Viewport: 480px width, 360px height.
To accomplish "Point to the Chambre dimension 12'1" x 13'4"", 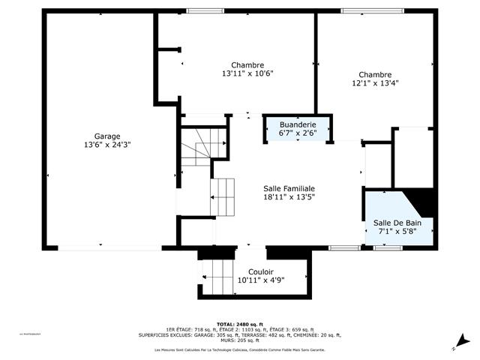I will [x=375, y=83].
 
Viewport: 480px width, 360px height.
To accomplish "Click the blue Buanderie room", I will [x=298, y=129].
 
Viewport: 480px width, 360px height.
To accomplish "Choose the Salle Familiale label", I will [x=289, y=189].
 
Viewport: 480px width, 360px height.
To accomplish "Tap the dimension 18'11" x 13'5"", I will [x=289, y=198].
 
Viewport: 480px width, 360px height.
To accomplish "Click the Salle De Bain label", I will [x=397, y=223].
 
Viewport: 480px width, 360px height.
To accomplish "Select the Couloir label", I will [x=260, y=271].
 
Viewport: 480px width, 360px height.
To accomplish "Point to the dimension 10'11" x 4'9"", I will [x=260, y=280].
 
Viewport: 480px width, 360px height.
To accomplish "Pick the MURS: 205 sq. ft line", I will [x=239, y=341].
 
